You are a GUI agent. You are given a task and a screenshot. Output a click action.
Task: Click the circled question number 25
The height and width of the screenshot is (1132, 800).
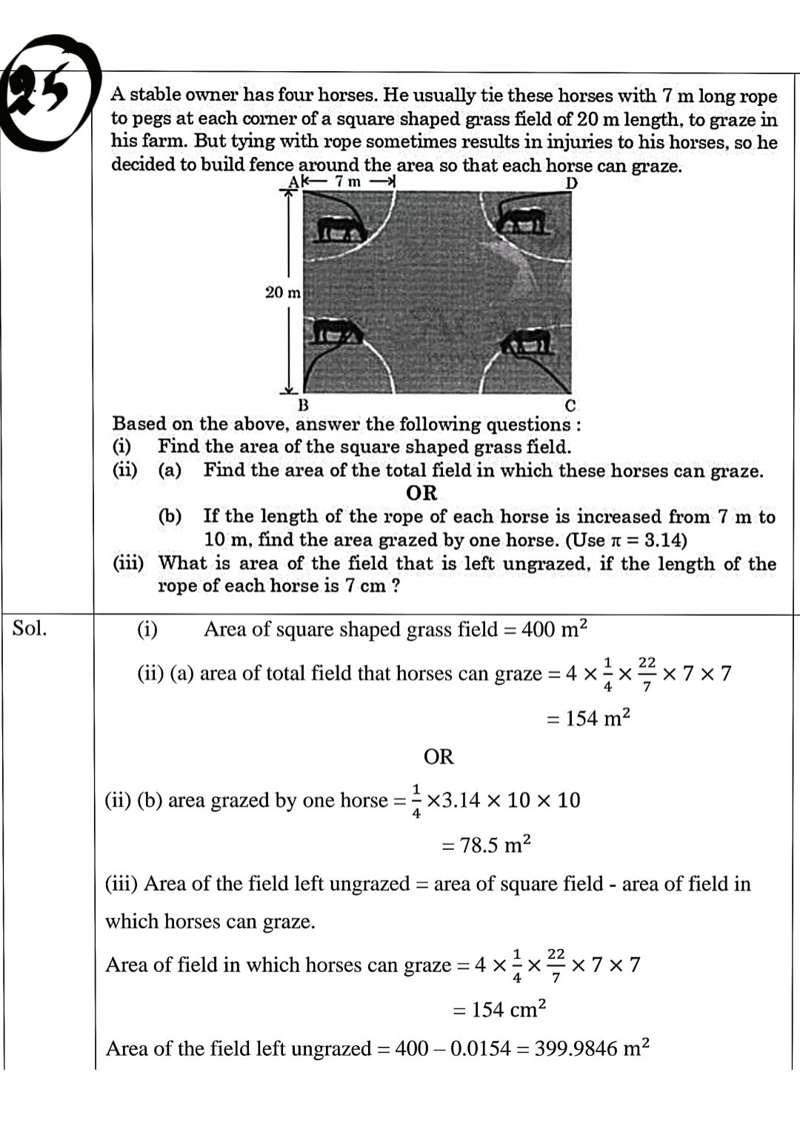46,93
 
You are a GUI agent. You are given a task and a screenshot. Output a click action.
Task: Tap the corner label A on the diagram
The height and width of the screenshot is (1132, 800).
293,182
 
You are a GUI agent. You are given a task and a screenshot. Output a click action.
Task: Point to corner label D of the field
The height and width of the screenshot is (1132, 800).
571,183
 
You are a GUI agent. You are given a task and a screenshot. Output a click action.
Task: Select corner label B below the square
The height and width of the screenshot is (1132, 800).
302,406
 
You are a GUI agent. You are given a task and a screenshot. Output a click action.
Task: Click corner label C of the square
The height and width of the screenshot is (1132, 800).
570,406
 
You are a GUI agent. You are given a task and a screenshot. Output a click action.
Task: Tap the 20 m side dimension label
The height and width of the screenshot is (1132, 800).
283,292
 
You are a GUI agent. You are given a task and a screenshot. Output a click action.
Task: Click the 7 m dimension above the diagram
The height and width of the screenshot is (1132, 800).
347,181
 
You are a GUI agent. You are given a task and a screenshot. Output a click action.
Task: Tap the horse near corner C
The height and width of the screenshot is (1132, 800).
527,341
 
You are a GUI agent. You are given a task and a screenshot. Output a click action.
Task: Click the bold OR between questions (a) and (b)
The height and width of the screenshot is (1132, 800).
421,493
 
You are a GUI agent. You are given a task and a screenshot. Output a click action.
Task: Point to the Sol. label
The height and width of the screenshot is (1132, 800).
30,629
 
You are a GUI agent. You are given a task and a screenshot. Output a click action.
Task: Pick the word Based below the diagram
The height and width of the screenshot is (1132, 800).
139,424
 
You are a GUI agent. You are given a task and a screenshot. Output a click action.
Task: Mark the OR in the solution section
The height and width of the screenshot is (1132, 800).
439,757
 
